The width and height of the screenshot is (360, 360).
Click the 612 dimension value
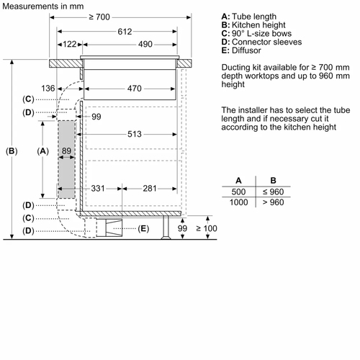point(125,32)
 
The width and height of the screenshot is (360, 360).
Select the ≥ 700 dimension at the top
point(99,17)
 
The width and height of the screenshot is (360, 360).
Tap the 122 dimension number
point(70,44)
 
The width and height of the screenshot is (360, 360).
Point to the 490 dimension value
point(145,44)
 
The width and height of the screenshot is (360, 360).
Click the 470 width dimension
point(135,89)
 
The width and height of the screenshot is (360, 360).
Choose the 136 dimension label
point(48,89)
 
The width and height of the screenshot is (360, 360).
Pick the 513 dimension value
point(135,134)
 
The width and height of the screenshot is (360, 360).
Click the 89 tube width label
point(66,150)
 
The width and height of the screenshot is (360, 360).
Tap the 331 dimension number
point(98,189)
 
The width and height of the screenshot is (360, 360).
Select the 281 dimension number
point(150,189)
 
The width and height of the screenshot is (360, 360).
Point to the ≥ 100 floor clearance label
point(207,228)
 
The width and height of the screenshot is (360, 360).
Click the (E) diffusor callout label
point(143,228)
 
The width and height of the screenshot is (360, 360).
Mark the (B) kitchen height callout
point(12,151)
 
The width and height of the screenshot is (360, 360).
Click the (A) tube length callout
point(43,151)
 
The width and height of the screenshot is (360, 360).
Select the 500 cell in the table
point(238,192)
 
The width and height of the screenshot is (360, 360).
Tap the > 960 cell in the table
point(274,202)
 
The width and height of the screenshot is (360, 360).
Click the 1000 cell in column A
point(238,202)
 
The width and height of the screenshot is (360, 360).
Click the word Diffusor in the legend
point(246,50)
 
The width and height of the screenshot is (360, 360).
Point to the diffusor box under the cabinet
point(109,228)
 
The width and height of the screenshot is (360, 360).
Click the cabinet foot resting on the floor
point(166,228)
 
